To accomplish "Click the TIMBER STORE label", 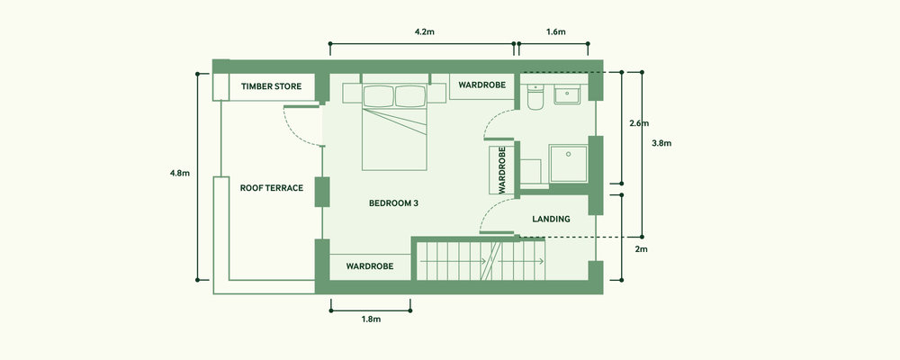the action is [271, 86].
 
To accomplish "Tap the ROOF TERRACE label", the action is [272, 188].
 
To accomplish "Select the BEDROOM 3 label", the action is [393, 203].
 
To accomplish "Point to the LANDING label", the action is [551, 219].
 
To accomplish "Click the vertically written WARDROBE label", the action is [502, 169].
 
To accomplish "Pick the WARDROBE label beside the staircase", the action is [370, 266].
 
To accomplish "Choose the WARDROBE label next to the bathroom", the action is [482, 85].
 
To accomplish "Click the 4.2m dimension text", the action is [424, 31].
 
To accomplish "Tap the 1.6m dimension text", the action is [555, 31].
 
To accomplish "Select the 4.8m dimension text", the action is [180, 173].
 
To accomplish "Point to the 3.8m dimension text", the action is [661, 143].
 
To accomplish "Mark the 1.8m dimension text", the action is [371, 319].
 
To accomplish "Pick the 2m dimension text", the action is [641, 250].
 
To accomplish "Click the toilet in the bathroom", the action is [535, 97].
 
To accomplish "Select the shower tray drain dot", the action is [568, 154].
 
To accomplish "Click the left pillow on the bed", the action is [379, 96].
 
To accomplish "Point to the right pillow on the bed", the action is [410, 96].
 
